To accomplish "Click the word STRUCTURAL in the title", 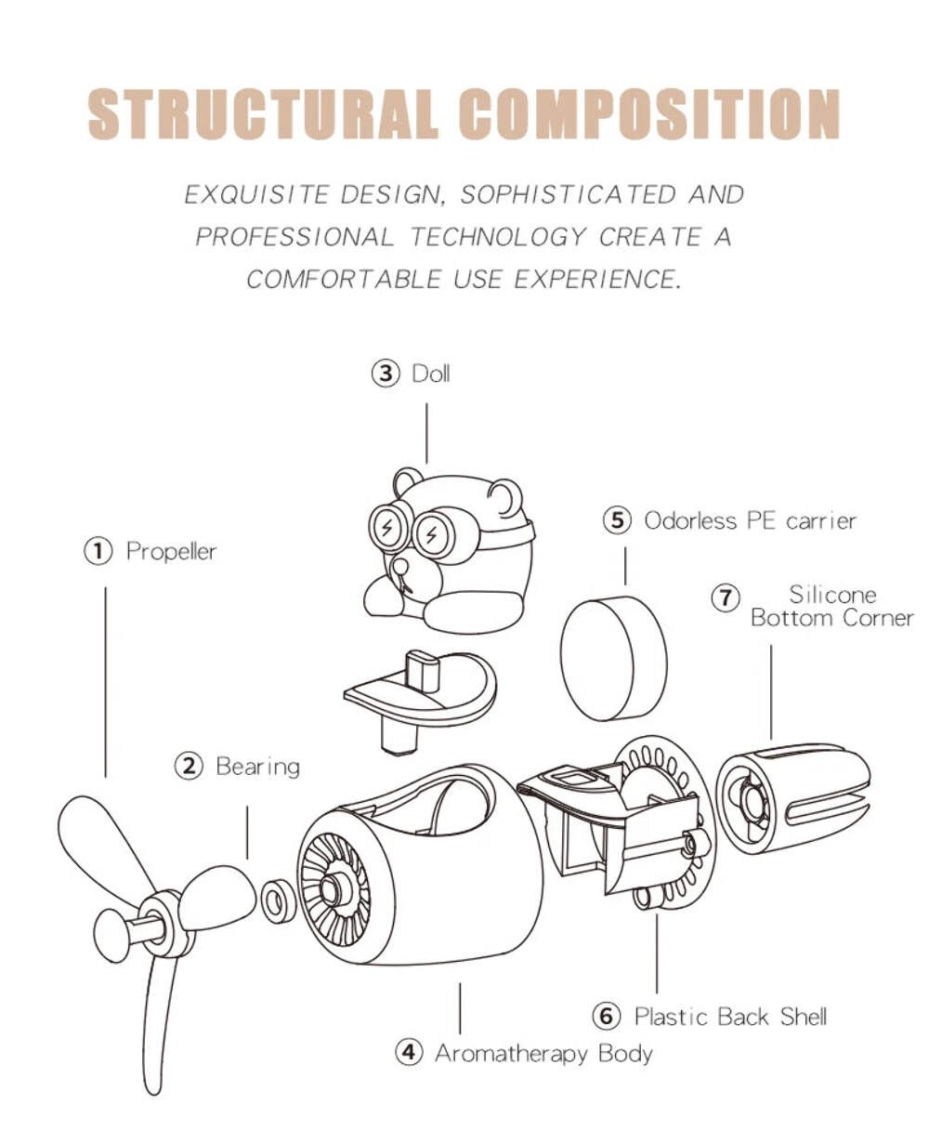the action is (x=263, y=113).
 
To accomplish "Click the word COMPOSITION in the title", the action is (x=648, y=113).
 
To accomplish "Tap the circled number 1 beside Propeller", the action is (x=98, y=551).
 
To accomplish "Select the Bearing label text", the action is (x=257, y=767).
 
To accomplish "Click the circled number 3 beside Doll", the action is (x=386, y=373).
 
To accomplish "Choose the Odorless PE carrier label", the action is (x=750, y=520).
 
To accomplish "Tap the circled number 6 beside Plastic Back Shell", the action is (x=607, y=1016).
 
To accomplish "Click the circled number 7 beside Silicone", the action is (x=726, y=598).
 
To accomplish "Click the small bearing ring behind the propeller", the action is (x=279, y=900).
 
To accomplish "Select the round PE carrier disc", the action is (x=613, y=659).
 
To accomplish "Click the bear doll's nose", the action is (x=399, y=565).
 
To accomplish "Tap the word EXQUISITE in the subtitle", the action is (x=255, y=194).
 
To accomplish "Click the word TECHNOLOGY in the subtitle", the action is (x=498, y=237).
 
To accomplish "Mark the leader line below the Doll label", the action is (x=426, y=433).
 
